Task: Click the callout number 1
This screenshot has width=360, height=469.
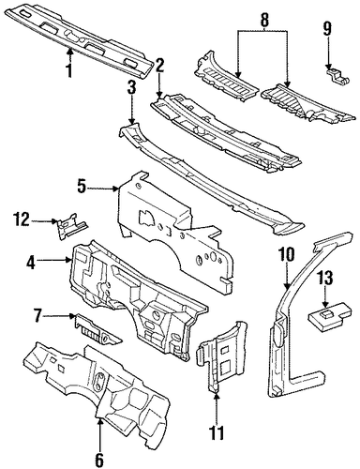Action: (68, 70)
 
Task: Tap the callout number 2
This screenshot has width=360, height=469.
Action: (159, 66)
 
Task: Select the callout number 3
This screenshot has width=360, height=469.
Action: (131, 88)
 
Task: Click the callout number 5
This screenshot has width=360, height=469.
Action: (82, 188)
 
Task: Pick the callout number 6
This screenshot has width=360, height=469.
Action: (99, 459)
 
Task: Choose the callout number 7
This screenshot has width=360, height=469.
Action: (38, 316)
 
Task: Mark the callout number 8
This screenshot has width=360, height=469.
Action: (264, 20)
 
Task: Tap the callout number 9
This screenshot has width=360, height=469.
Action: (326, 30)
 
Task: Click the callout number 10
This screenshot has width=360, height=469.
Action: (287, 254)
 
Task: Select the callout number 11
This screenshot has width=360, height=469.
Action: (217, 432)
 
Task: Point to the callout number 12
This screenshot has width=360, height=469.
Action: (22, 220)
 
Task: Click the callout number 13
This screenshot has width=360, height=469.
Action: (325, 279)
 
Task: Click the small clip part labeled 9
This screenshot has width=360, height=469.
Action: (337, 76)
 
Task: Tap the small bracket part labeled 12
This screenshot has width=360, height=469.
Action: (71, 226)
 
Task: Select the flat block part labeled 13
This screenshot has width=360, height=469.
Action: (331, 316)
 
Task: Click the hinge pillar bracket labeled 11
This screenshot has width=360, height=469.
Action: (221, 356)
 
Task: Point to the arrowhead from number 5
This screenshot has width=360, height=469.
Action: (116, 189)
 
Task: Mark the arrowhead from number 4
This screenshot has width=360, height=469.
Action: (68, 260)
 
